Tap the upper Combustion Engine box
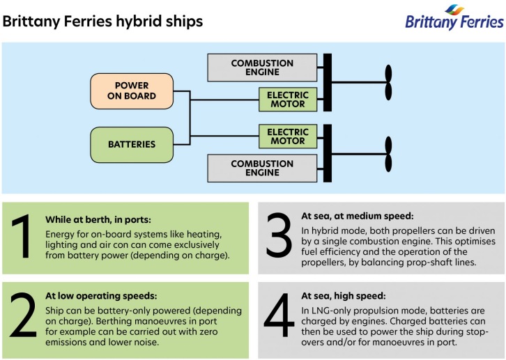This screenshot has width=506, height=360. point(263,68)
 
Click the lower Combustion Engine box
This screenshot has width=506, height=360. point(263,168)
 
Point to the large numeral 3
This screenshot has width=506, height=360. point(279,237)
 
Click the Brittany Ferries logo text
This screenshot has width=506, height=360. point(454,22)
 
